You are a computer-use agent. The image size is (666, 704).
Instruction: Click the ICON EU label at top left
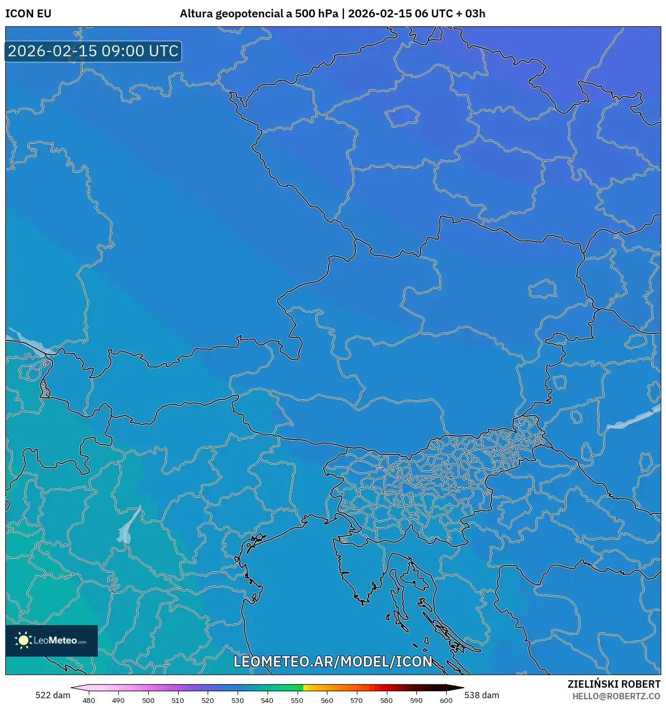click(28, 14)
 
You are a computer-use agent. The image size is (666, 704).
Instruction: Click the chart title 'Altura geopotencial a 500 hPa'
click(259, 14)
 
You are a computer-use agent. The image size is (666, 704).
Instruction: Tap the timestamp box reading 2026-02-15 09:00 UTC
click(93, 52)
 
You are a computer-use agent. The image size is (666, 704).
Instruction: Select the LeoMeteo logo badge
click(52, 640)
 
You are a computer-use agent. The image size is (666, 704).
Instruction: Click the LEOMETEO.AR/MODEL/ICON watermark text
click(333, 661)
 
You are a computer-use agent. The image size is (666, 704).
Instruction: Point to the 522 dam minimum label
click(53, 695)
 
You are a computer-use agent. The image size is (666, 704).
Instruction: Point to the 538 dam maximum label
click(481, 695)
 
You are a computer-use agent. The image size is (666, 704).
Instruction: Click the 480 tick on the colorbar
click(89, 700)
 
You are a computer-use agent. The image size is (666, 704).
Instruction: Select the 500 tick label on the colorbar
click(148, 700)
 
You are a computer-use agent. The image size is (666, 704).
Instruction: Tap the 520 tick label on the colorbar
click(208, 700)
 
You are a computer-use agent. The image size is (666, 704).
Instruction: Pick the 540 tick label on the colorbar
click(267, 700)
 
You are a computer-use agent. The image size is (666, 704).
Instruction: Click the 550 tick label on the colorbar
click(297, 700)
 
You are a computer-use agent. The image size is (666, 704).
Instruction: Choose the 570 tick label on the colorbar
click(356, 700)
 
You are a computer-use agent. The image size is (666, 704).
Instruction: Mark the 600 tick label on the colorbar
click(446, 700)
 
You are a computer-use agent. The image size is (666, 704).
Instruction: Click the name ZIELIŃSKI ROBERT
click(613, 684)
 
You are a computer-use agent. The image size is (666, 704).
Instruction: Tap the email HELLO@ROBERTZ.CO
click(616, 696)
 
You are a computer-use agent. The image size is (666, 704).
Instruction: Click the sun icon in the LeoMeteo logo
click(23, 640)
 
